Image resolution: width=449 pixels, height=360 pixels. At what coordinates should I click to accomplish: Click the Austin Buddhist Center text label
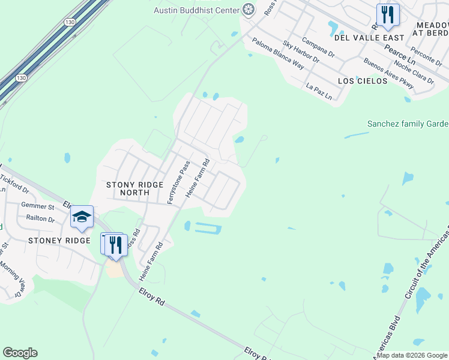196,10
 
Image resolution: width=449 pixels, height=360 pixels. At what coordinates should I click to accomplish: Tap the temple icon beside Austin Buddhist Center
248,10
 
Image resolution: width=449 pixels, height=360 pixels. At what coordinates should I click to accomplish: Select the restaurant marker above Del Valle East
388,14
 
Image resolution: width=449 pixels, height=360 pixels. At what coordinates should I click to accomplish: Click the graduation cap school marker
82,217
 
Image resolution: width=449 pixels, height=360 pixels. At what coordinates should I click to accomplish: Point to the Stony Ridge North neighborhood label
134,188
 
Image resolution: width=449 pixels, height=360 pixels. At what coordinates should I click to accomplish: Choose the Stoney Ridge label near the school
59,241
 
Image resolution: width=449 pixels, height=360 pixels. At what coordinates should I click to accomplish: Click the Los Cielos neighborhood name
363,80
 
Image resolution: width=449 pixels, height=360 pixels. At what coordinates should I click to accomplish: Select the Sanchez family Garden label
408,124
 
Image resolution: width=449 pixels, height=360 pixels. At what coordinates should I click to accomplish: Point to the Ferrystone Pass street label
178,182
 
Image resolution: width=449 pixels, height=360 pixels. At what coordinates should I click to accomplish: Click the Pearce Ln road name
400,54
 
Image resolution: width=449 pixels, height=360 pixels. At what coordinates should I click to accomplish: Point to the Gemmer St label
37,206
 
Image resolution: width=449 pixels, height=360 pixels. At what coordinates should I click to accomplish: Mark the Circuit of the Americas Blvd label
427,264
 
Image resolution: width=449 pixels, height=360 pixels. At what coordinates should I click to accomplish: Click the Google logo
20,353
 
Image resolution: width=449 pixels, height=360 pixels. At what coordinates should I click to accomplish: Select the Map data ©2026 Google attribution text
412,355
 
